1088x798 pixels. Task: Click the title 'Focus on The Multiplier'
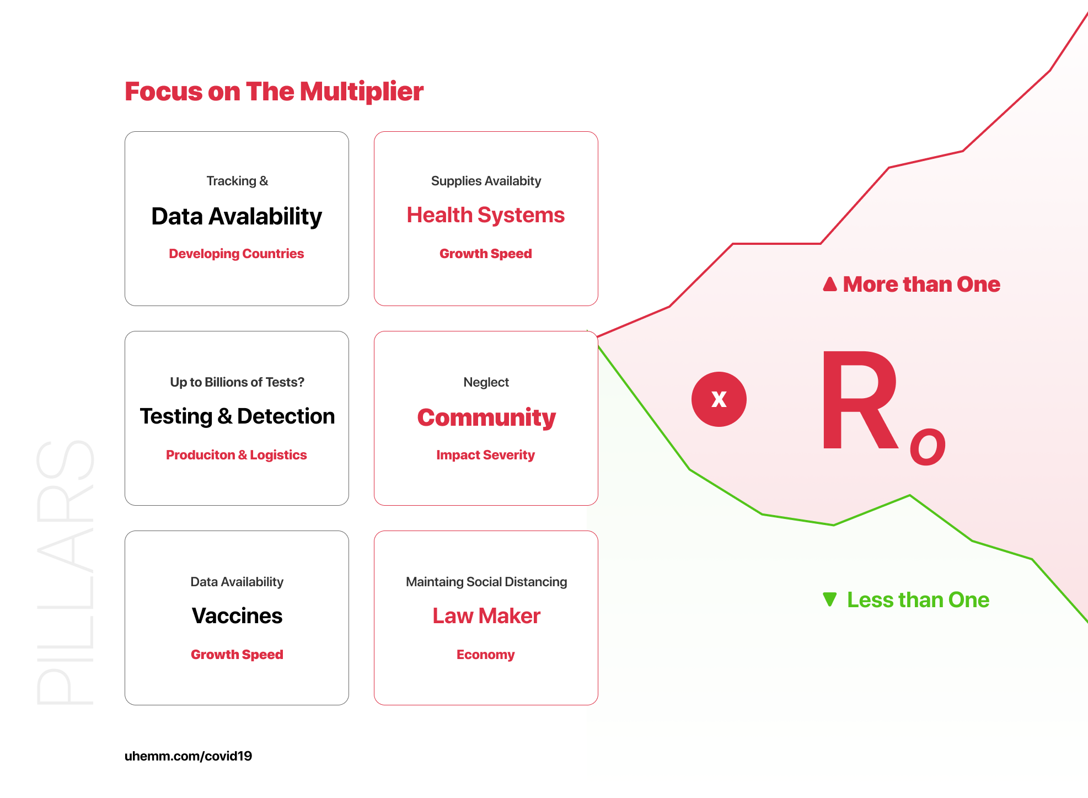click(274, 92)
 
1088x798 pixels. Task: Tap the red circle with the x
click(719, 399)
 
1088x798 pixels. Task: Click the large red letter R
click(859, 400)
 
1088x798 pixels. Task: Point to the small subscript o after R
click(928, 446)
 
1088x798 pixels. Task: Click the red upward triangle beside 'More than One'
click(830, 283)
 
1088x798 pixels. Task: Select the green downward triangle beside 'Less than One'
click(829, 598)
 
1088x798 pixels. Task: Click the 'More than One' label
click(921, 284)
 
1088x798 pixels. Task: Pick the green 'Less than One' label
click(918, 599)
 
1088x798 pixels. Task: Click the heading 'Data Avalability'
click(237, 216)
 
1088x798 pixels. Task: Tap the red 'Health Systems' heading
click(486, 215)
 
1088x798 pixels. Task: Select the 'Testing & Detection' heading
click(237, 416)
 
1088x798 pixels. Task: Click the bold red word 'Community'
click(486, 417)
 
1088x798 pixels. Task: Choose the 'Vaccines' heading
click(237, 615)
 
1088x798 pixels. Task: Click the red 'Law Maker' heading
click(486, 615)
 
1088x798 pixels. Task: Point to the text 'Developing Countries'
click(237, 254)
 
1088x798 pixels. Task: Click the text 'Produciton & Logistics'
click(237, 455)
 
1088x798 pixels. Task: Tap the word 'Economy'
click(485, 655)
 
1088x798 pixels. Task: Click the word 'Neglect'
click(486, 382)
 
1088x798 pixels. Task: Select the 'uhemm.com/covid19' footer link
click(188, 756)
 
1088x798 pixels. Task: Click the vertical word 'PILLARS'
click(66, 572)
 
